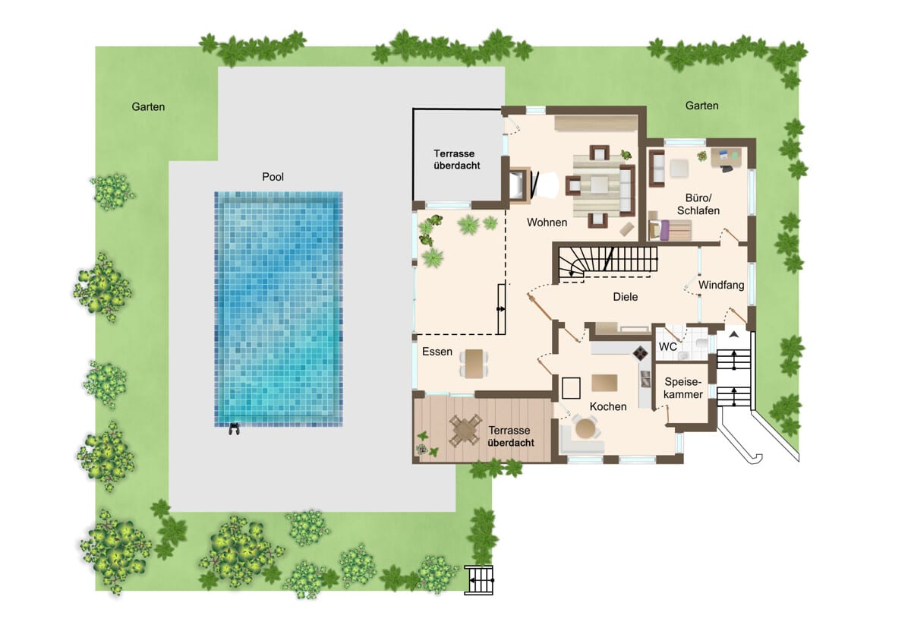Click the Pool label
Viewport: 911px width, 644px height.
point(273,177)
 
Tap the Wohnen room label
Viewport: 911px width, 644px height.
point(547,223)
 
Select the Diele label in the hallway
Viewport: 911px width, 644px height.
point(625,297)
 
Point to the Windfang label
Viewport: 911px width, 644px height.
point(721,286)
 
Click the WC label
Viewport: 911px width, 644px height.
point(668,346)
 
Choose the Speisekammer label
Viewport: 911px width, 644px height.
point(683,388)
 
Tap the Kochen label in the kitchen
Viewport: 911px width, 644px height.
point(608,406)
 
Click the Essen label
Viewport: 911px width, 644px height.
point(437,352)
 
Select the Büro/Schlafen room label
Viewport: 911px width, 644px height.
point(698,204)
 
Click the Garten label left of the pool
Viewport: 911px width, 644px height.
point(148,107)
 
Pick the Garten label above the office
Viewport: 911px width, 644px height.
point(701,106)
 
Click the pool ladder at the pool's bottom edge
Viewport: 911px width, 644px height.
point(234,429)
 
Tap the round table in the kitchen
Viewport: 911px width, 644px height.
point(585,428)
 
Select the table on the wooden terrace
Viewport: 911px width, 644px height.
point(465,431)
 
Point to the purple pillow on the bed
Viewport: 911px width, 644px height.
point(664,230)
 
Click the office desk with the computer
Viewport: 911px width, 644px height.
point(727,157)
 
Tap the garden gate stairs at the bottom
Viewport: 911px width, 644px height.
point(479,580)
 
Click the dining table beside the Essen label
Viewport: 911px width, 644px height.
point(474,363)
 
